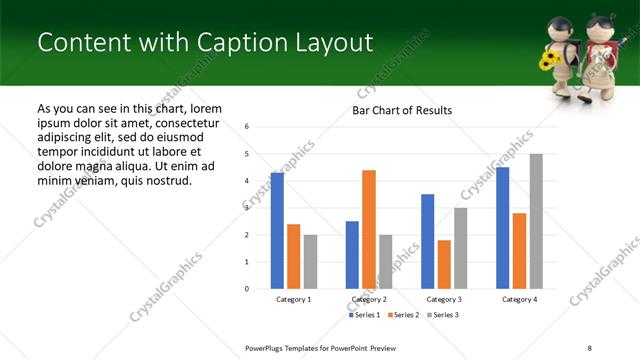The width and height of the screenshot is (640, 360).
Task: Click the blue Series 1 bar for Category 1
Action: [277, 231]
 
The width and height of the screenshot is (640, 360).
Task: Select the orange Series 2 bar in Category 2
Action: [369, 229]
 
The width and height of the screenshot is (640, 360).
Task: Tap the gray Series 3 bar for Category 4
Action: [536, 221]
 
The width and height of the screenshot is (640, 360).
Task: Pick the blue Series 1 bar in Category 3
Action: [427, 241]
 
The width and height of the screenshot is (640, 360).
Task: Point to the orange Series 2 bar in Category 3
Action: [444, 264]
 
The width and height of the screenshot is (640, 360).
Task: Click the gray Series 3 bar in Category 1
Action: [310, 262]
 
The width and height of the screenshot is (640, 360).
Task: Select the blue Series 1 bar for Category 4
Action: [502, 228]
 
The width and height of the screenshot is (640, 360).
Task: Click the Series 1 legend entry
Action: [364, 315]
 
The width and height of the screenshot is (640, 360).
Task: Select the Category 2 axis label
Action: [369, 300]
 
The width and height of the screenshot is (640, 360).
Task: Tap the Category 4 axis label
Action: [519, 300]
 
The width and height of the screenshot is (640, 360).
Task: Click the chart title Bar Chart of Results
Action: [402, 110]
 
